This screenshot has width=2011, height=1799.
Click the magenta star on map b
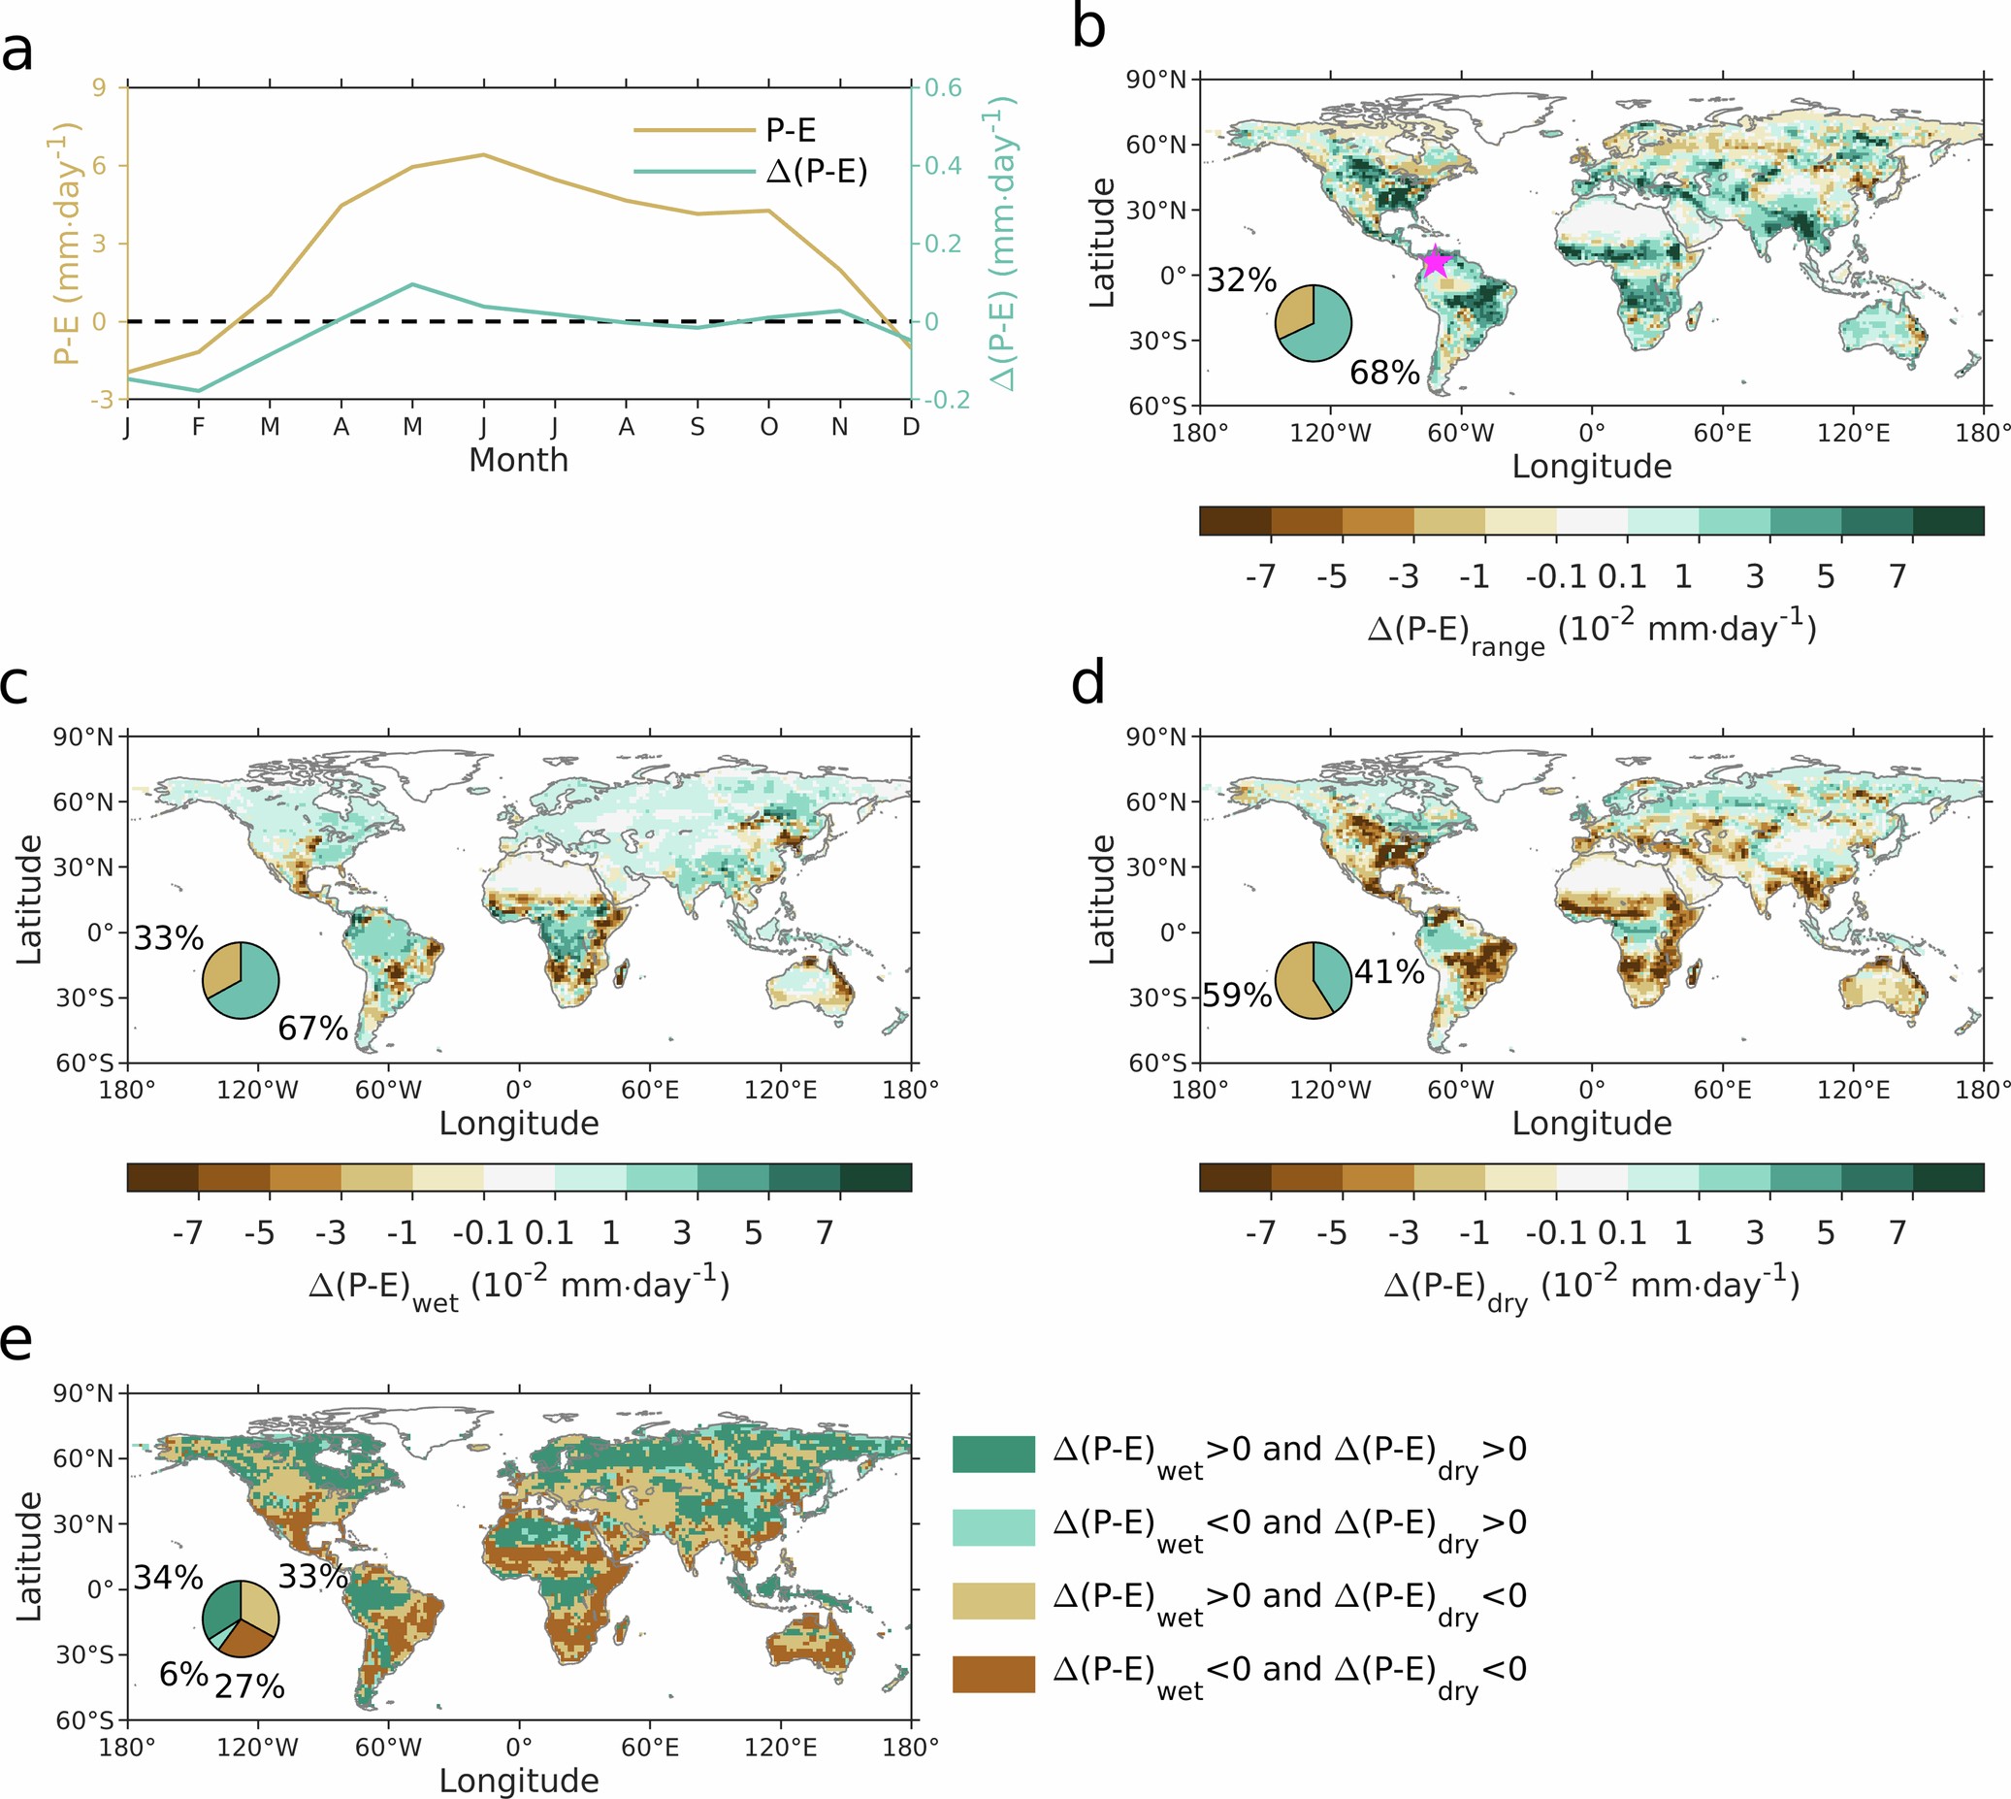coord(1435,262)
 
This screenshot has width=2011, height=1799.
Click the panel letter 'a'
coord(16,51)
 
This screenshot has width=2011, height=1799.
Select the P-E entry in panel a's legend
coord(790,129)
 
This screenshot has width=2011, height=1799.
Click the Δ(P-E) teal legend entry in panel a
coord(815,172)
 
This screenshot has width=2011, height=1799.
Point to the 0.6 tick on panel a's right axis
coord(944,88)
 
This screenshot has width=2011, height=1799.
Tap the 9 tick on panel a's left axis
coord(99,88)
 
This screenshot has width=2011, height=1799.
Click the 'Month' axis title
coord(518,460)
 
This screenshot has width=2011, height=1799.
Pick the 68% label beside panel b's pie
coord(1384,373)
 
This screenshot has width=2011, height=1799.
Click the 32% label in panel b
coord(1241,279)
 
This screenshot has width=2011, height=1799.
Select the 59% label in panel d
coord(1236,995)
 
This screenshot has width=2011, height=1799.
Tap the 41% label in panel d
coord(1388,971)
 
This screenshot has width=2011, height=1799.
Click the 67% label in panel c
coord(312,1028)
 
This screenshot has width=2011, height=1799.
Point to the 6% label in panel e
coord(182,1674)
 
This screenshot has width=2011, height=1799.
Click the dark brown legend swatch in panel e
coord(993,1674)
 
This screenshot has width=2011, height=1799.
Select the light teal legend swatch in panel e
coord(993,1527)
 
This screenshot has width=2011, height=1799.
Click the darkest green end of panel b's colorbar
coord(1948,521)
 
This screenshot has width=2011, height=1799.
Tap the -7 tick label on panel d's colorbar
coord(1260,1232)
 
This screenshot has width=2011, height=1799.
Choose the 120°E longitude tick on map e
coord(780,1747)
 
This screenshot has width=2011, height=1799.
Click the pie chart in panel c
coord(242,981)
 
